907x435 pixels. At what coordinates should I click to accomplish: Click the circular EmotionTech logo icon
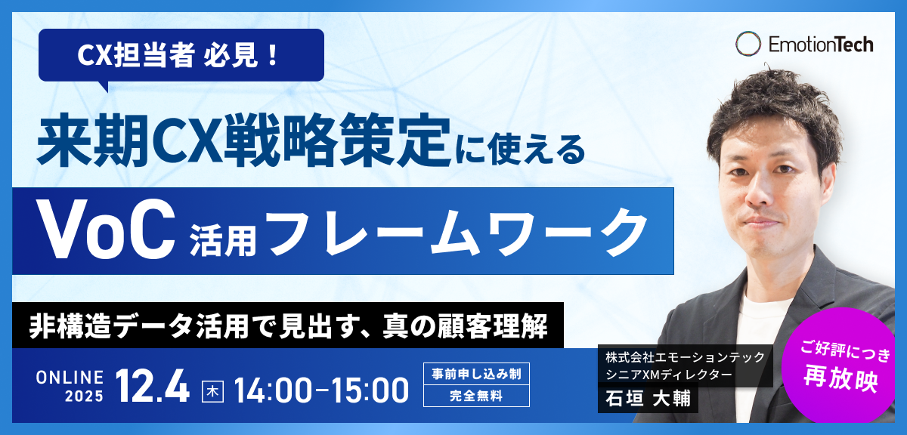[x=748, y=44]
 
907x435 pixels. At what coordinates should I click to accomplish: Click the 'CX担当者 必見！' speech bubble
[x=181, y=56]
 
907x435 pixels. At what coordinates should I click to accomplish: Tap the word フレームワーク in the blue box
[x=456, y=232]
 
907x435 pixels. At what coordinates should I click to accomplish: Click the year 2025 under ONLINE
[x=82, y=396]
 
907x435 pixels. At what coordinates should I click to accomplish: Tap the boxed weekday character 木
[x=212, y=390]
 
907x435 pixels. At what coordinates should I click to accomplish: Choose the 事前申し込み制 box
[x=475, y=374]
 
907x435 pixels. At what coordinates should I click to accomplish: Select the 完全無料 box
[x=475, y=396]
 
